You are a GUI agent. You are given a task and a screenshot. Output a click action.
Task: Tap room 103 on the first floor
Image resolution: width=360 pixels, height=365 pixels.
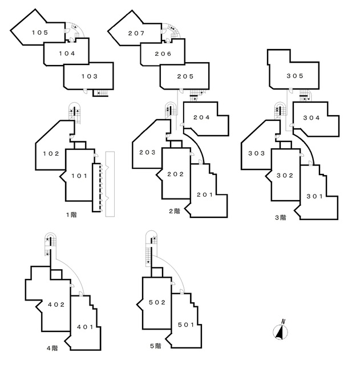tap(89, 76)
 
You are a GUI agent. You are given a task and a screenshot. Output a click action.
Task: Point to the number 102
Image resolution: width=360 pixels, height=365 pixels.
tap(51, 153)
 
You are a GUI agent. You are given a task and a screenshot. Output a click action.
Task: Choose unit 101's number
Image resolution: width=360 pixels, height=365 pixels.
tap(79, 176)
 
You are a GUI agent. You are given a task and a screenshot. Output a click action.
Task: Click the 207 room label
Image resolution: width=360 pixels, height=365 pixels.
tap(136, 33)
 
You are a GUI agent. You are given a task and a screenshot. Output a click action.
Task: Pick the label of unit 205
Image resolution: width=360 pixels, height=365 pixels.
tap(185, 76)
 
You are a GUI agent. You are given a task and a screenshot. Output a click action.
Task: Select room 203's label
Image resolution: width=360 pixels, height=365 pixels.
tap(148, 153)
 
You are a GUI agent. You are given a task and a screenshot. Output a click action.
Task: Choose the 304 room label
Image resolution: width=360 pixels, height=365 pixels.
tap(311, 119)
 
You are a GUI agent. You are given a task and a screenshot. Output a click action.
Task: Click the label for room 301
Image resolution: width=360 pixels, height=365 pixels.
tap(314, 196)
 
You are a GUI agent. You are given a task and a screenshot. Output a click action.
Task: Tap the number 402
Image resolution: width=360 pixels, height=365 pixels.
tap(55, 304)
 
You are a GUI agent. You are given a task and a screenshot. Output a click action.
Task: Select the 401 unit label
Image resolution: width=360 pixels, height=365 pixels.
tap(86, 326)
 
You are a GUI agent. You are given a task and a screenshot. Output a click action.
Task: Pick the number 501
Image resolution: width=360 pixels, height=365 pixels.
tap(185, 325)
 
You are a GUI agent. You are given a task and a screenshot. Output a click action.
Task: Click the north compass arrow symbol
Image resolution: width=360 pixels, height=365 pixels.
tap(281, 330)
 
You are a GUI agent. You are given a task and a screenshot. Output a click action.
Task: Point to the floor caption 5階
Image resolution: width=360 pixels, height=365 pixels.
tap(155, 346)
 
